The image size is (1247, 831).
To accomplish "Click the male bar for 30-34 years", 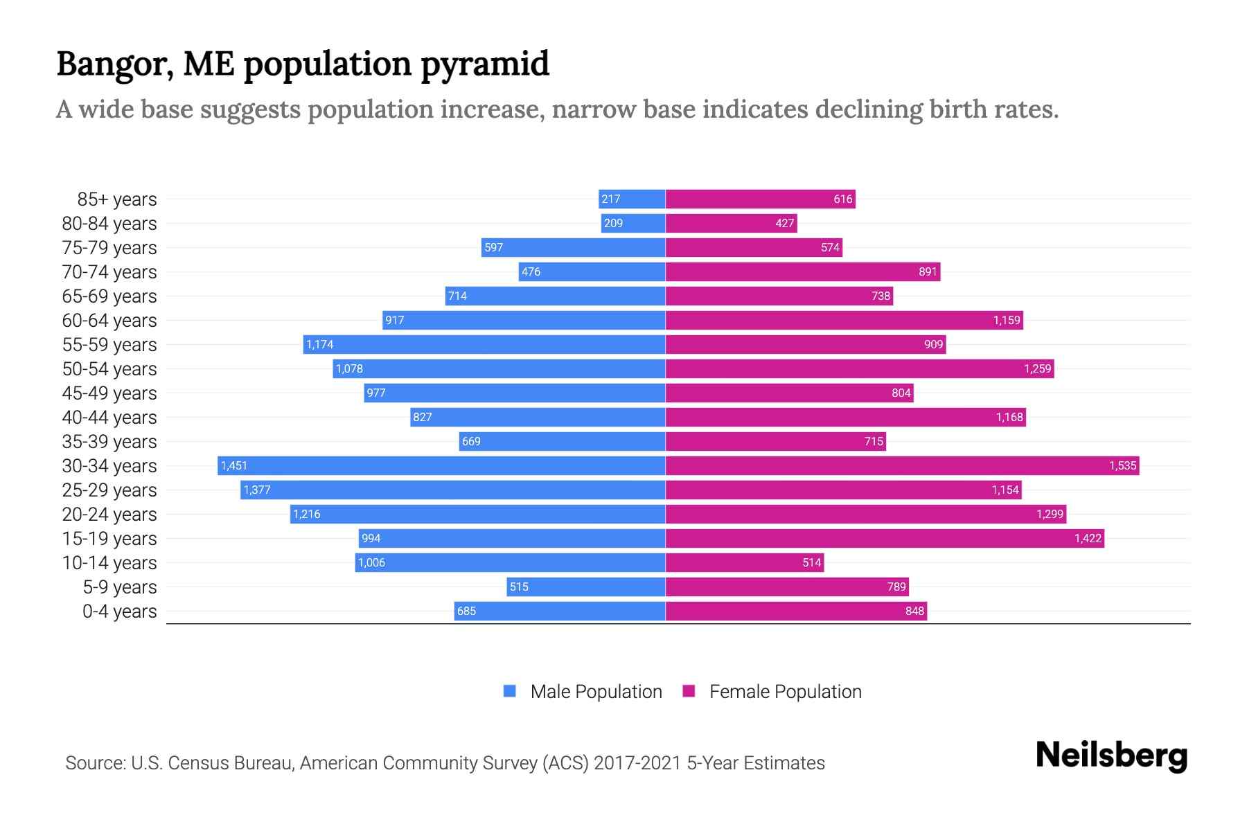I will click(441, 465).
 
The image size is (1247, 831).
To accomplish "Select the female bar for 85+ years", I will click(760, 199).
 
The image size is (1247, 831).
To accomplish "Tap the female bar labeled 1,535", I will click(902, 465).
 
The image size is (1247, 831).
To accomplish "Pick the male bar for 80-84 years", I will click(633, 223).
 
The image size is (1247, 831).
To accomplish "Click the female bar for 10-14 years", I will click(745, 562).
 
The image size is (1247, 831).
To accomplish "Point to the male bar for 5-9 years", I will click(586, 587).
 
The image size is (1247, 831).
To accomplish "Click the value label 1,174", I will click(320, 344).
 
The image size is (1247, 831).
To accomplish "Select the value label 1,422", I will click(1088, 538).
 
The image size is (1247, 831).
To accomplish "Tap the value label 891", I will click(928, 271).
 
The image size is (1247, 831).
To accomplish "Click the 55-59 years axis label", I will click(109, 344).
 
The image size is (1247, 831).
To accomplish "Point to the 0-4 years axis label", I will click(119, 611).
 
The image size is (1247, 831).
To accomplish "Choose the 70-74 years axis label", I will click(109, 271).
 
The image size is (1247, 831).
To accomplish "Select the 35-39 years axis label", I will click(109, 441).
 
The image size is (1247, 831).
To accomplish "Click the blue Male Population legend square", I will click(510, 691).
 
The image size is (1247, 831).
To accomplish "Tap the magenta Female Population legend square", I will click(689, 691).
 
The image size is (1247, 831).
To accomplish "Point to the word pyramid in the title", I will click(485, 64).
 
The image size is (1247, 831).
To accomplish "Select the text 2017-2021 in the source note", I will click(637, 762).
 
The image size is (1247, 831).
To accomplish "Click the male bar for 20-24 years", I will click(477, 514).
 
